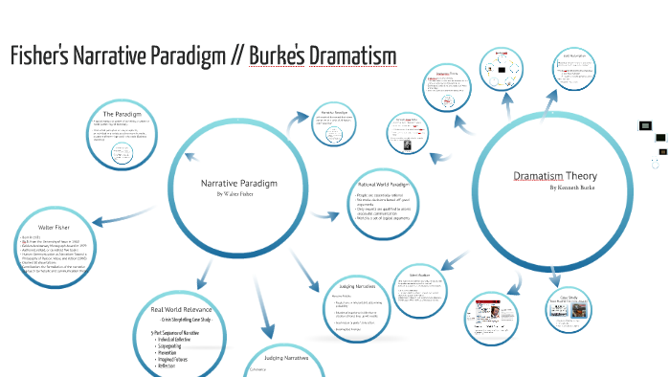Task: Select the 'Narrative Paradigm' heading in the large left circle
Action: (238, 182)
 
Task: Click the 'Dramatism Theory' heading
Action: (555, 176)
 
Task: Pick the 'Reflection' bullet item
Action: (171, 369)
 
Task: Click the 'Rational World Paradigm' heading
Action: (384, 183)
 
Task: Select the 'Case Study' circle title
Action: (569, 296)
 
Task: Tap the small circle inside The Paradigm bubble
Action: (122, 152)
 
